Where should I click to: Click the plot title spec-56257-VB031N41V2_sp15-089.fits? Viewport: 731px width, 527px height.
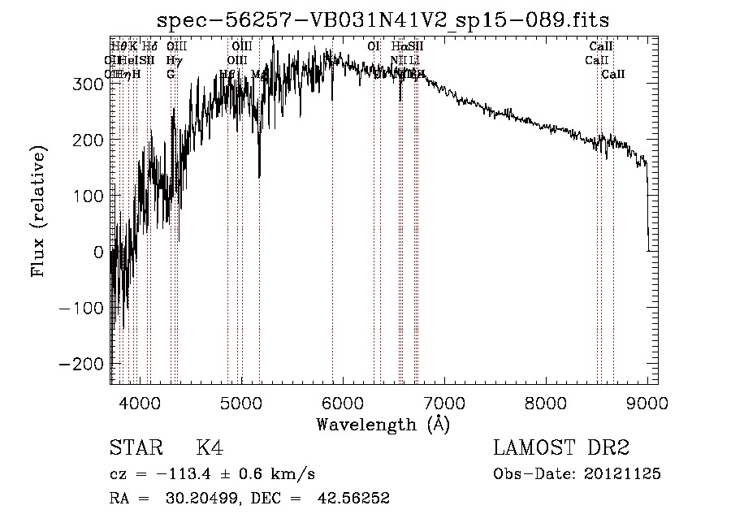coord(383,19)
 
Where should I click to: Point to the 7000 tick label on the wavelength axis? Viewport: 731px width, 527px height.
coord(443,402)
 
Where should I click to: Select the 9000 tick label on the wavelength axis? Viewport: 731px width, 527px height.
coord(647,402)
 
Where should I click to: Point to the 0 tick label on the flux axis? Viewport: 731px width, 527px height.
coord(99,252)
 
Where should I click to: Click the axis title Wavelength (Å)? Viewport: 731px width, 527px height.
coord(383,424)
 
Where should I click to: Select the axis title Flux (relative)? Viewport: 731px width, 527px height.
coord(39,210)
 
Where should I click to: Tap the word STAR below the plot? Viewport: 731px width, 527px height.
coord(136,448)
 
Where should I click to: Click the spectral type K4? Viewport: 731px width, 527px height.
coord(210,448)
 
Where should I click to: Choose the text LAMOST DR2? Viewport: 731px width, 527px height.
coord(561,448)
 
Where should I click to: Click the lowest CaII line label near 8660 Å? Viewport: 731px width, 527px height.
coord(613,75)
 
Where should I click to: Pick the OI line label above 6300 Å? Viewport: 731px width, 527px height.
coord(374,46)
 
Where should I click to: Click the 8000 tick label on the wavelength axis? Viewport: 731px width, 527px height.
coord(545,402)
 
